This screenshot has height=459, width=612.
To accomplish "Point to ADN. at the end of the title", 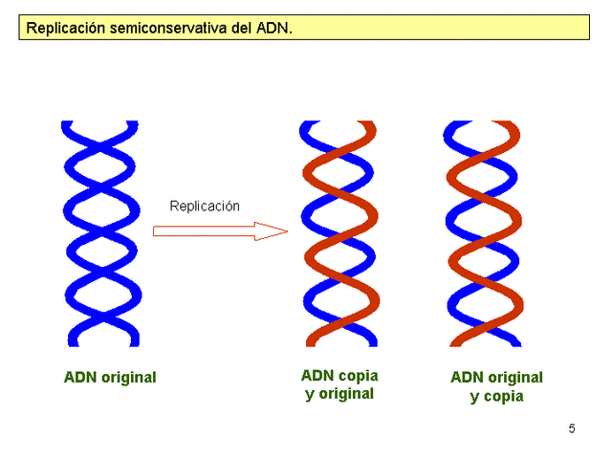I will (274, 29).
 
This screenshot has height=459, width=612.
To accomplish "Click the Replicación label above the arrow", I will (205, 206).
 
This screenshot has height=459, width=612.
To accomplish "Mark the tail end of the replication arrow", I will (157, 230).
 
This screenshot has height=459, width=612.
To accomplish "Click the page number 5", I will (572, 428).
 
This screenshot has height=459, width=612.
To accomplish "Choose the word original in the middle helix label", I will (345, 393).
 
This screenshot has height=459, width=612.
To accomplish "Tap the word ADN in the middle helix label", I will (317, 376).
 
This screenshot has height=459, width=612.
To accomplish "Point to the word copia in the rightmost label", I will (503, 396).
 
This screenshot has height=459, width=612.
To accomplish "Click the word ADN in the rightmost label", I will (466, 378).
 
